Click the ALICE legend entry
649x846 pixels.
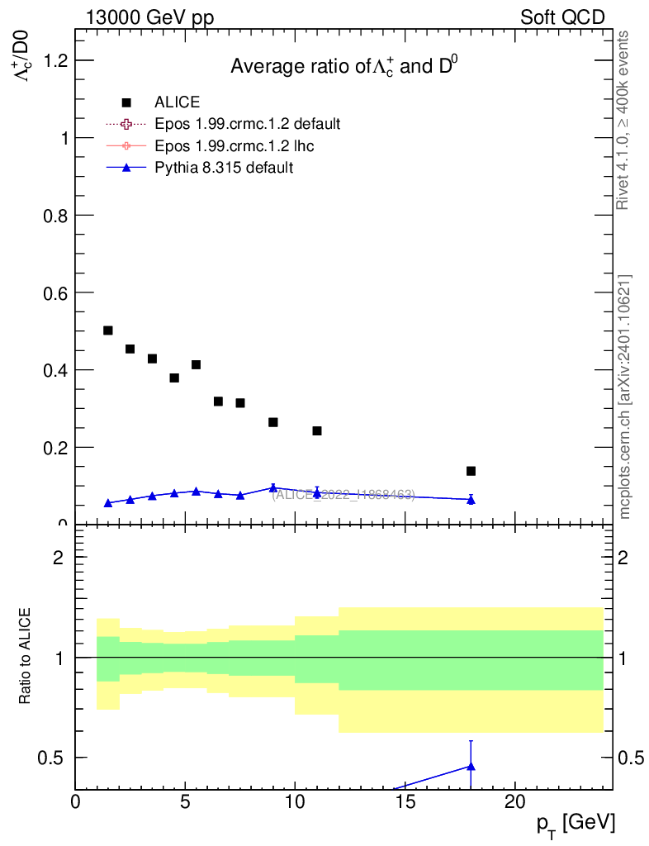click(177, 102)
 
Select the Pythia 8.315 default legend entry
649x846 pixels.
click(224, 168)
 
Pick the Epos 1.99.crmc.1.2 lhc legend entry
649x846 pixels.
click(234, 146)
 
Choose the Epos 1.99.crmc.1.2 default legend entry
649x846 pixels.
click(247, 124)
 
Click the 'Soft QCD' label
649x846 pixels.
click(562, 17)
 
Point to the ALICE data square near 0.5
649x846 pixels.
click(108, 330)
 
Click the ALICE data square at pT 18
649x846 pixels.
click(471, 471)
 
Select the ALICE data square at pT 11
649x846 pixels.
click(317, 430)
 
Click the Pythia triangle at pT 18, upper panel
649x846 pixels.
click(471, 500)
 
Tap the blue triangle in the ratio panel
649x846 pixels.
click(471, 766)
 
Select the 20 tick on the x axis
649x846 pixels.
click(515, 802)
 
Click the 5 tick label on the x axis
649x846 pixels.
click(185, 802)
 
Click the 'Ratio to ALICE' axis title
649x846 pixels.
click(26, 657)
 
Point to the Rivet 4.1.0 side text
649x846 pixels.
click(623, 120)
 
